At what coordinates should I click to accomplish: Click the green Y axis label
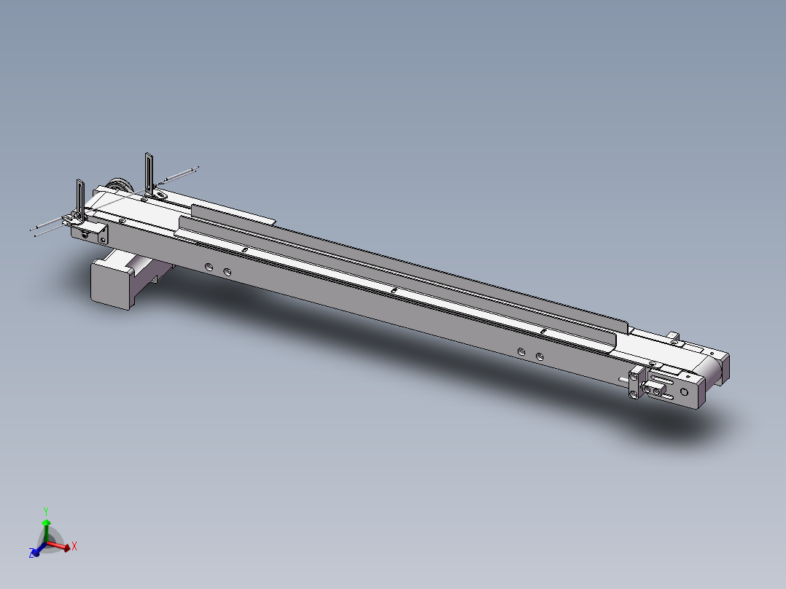click(45, 510)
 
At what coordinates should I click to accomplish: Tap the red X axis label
click(74, 545)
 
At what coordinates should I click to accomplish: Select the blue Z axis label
click(33, 554)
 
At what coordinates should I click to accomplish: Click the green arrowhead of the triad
click(46, 523)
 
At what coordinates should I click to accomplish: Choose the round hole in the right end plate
click(684, 391)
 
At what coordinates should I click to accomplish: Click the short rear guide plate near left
click(233, 214)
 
